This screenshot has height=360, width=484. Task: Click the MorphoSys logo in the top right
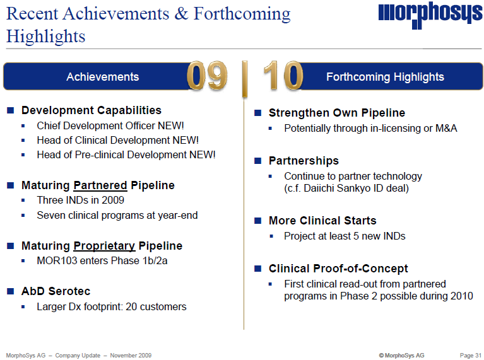(x=430, y=16)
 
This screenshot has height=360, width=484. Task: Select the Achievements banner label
(x=102, y=77)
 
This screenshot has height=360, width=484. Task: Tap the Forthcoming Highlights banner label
(x=385, y=77)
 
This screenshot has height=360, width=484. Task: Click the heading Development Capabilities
(x=91, y=110)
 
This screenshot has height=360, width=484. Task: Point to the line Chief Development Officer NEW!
(x=110, y=125)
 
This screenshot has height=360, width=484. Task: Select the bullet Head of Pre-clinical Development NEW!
(x=126, y=154)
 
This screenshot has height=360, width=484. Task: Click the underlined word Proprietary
(x=104, y=246)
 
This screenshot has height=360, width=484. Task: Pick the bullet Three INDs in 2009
(x=80, y=200)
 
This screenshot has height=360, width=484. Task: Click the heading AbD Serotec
(x=56, y=291)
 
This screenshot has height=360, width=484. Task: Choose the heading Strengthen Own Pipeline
(x=337, y=113)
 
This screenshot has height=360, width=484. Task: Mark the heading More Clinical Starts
(x=322, y=221)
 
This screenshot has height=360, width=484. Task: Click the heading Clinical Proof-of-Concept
(x=338, y=269)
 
